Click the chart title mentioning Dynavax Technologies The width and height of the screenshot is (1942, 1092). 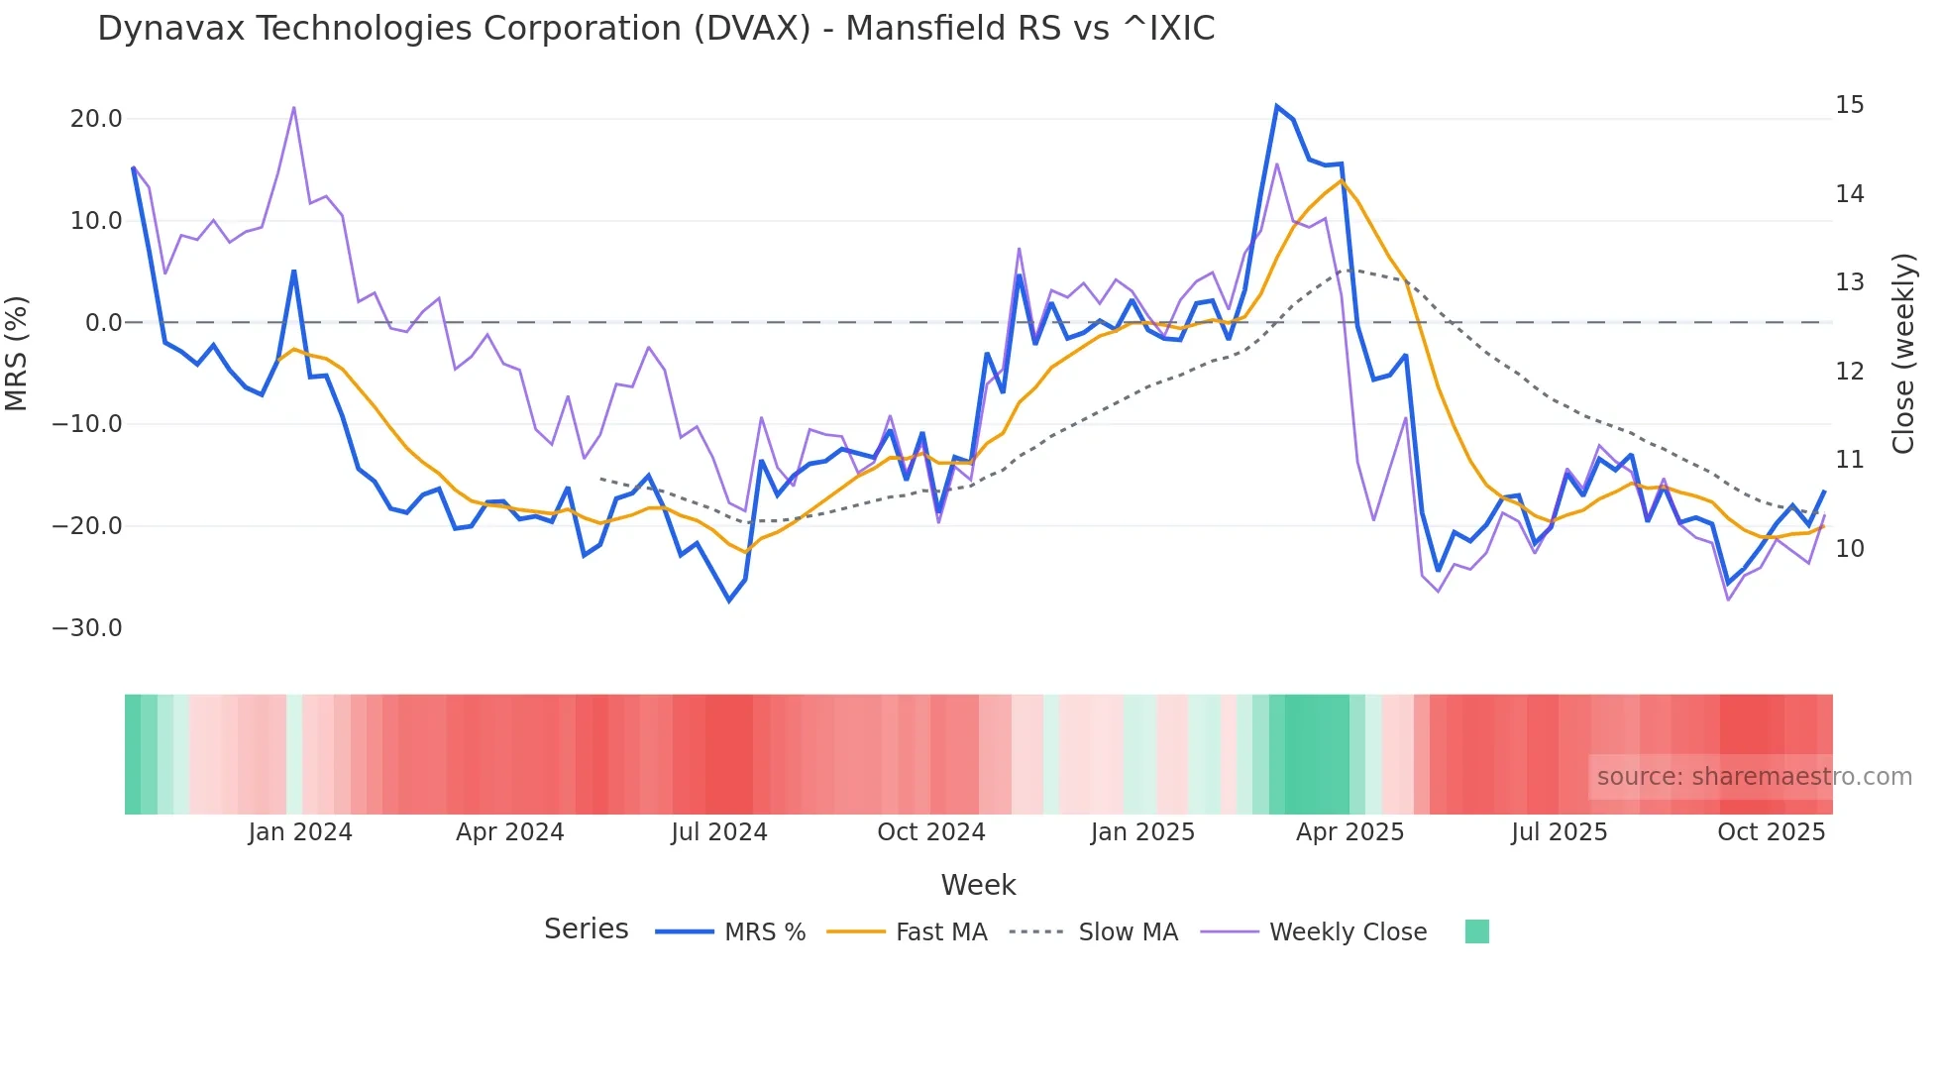pyautogui.click(x=656, y=29)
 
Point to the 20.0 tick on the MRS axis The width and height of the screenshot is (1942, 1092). pyautogui.click(x=95, y=119)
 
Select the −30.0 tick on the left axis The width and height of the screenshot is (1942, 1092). pyautogui.click(x=87, y=628)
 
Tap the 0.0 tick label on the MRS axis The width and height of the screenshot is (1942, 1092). pyautogui.click(x=103, y=323)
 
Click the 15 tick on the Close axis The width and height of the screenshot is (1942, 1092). pyautogui.click(x=1849, y=105)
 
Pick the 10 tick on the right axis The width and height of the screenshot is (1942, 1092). pyautogui.click(x=1849, y=549)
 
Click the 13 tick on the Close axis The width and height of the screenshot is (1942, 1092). pyautogui.click(x=1849, y=282)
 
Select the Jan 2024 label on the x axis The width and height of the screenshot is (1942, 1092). pyautogui.click(x=299, y=832)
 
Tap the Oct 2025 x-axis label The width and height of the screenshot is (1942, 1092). pyautogui.click(x=1771, y=832)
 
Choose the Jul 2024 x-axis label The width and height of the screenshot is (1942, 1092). pyautogui.click(x=718, y=832)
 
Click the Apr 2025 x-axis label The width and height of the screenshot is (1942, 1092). pyautogui.click(x=1349, y=832)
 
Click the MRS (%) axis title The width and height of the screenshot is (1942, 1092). pyautogui.click(x=17, y=353)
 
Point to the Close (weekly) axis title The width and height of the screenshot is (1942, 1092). pyautogui.click(x=1903, y=354)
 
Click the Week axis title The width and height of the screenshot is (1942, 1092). pyautogui.click(x=978, y=885)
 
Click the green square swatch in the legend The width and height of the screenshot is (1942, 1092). pyautogui.click(x=1476, y=931)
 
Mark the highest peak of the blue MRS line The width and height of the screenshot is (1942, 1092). pyautogui.click(x=1277, y=106)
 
